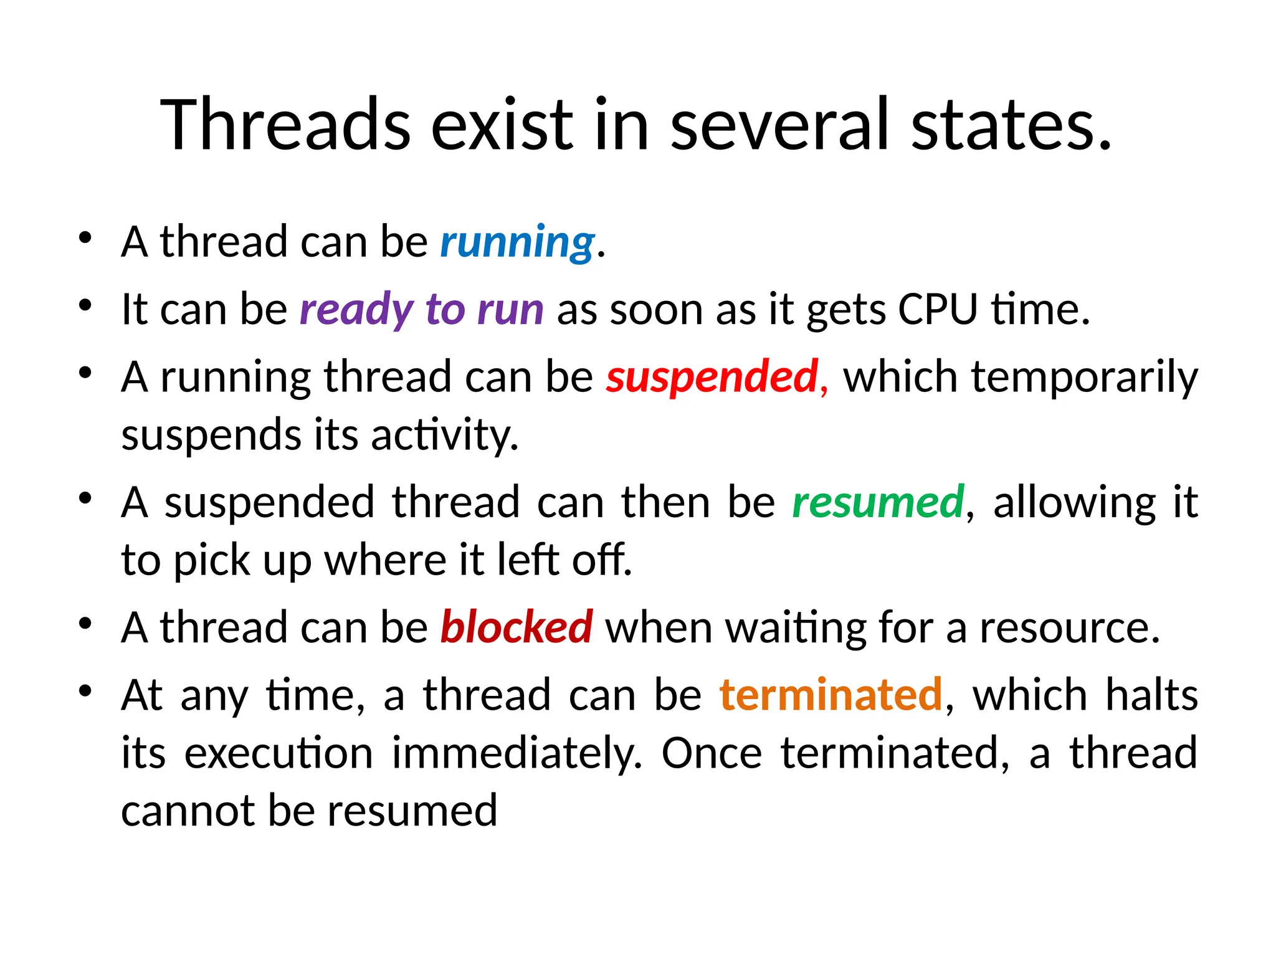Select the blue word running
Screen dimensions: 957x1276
pyautogui.click(x=518, y=242)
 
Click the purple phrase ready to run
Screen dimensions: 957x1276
pyautogui.click(x=421, y=310)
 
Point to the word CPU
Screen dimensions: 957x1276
pyautogui.click(x=937, y=310)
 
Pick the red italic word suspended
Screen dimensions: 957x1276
pyautogui.click(x=712, y=378)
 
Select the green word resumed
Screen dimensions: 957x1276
pyautogui.click(x=878, y=502)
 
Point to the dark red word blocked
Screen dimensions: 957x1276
pyautogui.click(x=517, y=627)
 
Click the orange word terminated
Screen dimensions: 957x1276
pyautogui.click(x=831, y=695)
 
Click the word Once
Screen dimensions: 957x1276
pyautogui.click(x=711, y=753)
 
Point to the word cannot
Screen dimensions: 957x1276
pyautogui.click(x=187, y=811)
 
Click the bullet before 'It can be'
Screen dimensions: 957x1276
pyautogui.click(x=85, y=305)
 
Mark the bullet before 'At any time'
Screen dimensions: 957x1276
pyautogui.click(x=85, y=690)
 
